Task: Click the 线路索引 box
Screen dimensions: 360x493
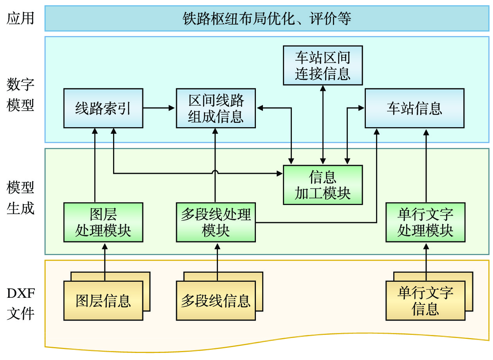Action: (103, 108)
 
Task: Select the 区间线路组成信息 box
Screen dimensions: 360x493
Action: (216, 108)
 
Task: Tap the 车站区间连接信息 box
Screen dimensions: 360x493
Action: (322, 65)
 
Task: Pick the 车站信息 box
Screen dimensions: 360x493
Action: (414, 108)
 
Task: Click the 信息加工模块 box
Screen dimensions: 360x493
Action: (322, 185)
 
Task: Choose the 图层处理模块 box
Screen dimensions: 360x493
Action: (103, 222)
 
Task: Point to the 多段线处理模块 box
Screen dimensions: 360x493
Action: (216, 222)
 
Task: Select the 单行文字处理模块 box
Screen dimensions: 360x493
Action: (425, 222)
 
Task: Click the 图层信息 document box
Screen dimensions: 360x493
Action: (103, 301)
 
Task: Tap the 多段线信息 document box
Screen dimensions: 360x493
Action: (216, 301)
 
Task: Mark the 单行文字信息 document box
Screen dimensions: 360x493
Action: (425, 301)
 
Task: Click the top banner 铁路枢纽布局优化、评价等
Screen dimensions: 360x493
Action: (267, 18)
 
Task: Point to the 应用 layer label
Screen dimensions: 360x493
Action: (20, 18)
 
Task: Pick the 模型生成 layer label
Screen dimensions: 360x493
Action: (20, 198)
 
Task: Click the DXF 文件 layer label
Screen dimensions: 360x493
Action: (20, 303)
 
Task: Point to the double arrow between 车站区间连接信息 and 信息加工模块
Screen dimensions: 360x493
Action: (323, 125)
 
